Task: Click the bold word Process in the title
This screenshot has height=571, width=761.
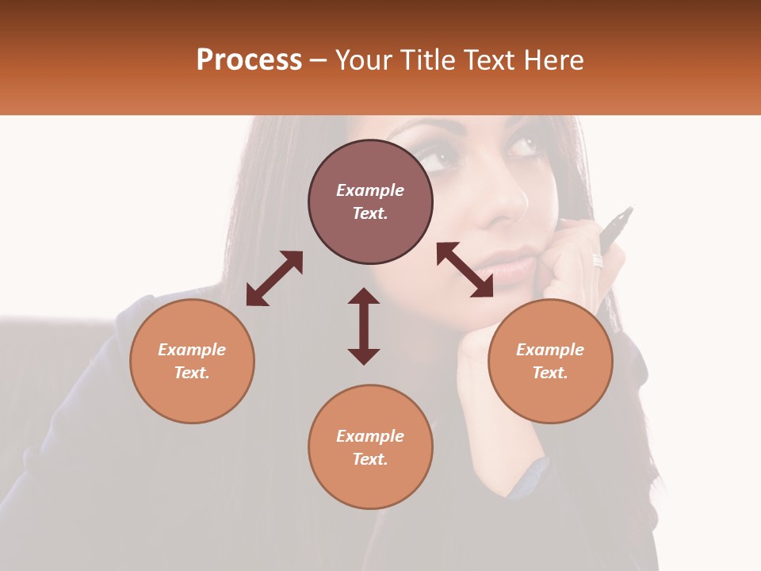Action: click(249, 59)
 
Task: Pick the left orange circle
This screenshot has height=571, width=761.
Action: click(192, 361)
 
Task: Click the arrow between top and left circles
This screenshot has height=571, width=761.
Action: click(274, 278)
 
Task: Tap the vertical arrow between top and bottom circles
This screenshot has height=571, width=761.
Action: click(364, 326)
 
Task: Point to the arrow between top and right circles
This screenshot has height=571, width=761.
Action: click(465, 270)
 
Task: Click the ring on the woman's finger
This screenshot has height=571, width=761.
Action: click(598, 261)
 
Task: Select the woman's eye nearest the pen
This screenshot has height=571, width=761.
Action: click(522, 147)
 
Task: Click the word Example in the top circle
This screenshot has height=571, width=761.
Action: click(370, 190)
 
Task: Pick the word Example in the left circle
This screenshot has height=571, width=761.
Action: click(192, 350)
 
